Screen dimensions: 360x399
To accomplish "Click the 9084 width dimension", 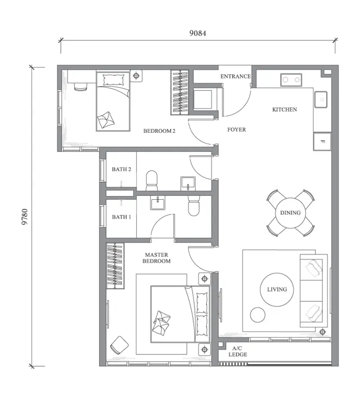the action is [197, 33].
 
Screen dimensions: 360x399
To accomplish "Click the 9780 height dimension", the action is [25, 217].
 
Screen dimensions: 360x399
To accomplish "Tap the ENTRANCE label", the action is [235, 77].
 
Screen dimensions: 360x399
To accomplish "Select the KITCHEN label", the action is [285, 109].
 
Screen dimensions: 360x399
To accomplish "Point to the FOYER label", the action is [237, 129].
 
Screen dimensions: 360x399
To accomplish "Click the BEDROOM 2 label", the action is [159, 131].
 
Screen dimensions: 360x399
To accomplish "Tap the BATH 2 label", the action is [121, 169].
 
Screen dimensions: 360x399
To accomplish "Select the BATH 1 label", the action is [121, 217].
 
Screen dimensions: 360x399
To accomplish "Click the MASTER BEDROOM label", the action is [156, 258].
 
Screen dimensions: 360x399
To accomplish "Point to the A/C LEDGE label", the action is [237, 351].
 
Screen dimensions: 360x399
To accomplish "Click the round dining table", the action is [290, 213].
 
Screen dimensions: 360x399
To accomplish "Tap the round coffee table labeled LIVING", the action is [277, 289].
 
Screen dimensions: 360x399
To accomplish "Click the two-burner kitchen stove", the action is [291, 80].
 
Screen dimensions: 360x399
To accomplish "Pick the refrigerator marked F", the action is [322, 141].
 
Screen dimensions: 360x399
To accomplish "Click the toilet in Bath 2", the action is [152, 181].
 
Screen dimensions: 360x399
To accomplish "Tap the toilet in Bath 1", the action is [194, 205].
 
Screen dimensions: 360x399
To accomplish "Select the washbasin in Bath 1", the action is [157, 203].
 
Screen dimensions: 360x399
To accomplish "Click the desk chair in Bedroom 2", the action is [80, 86].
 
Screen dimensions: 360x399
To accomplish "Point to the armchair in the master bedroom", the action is [119, 345].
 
